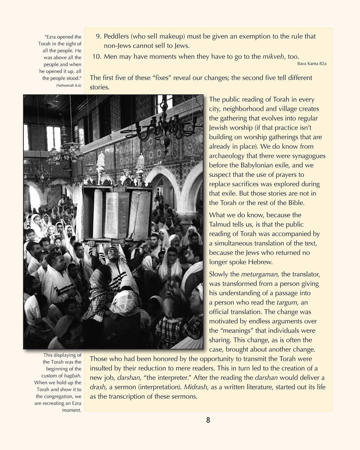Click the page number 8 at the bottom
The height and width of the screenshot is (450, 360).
point(208,420)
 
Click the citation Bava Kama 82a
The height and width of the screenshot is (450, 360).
point(311,64)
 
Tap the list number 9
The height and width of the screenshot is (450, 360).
point(98,36)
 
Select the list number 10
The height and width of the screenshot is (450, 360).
point(96,57)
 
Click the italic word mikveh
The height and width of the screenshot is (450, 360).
point(274,57)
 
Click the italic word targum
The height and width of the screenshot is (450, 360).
point(287,302)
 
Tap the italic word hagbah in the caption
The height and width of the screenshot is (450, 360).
point(72,376)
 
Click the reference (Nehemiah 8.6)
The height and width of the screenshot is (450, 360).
point(69,85)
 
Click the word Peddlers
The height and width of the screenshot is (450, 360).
point(116,36)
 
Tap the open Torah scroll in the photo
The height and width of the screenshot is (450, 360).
point(116,214)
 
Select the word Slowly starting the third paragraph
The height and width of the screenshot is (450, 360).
point(219,274)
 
